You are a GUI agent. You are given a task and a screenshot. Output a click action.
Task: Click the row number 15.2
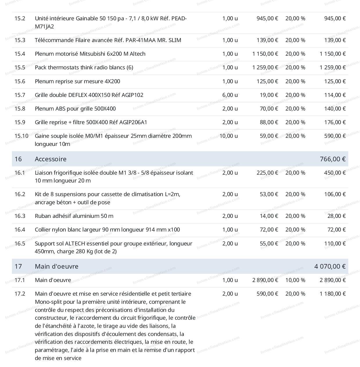[x=20, y=19]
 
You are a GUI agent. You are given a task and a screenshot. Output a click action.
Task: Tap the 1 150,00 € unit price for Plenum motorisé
[x=265, y=54]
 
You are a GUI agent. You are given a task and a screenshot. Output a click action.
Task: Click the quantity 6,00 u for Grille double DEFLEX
[x=230, y=95]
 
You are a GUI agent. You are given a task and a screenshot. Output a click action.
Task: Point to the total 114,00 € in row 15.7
[x=335, y=95]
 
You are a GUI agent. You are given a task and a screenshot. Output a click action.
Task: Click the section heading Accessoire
[x=51, y=159]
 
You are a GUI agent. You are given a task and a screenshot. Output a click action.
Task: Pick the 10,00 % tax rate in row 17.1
[x=295, y=280]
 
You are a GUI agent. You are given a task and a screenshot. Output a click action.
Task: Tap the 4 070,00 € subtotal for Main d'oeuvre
[x=330, y=266]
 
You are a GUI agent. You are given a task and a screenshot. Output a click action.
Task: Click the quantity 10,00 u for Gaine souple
[x=228, y=136]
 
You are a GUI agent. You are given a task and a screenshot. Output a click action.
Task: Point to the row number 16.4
[x=20, y=230]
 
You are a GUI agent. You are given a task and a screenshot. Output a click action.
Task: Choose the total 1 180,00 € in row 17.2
[x=332, y=294]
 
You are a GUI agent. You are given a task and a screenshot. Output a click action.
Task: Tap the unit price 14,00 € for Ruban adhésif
[x=269, y=216]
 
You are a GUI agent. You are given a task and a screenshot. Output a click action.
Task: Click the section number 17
[x=18, y=266]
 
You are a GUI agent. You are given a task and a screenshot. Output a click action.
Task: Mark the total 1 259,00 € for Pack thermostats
[x=332, y=67]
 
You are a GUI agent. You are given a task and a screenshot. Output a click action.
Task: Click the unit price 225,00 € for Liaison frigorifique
[x=267, y=173]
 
